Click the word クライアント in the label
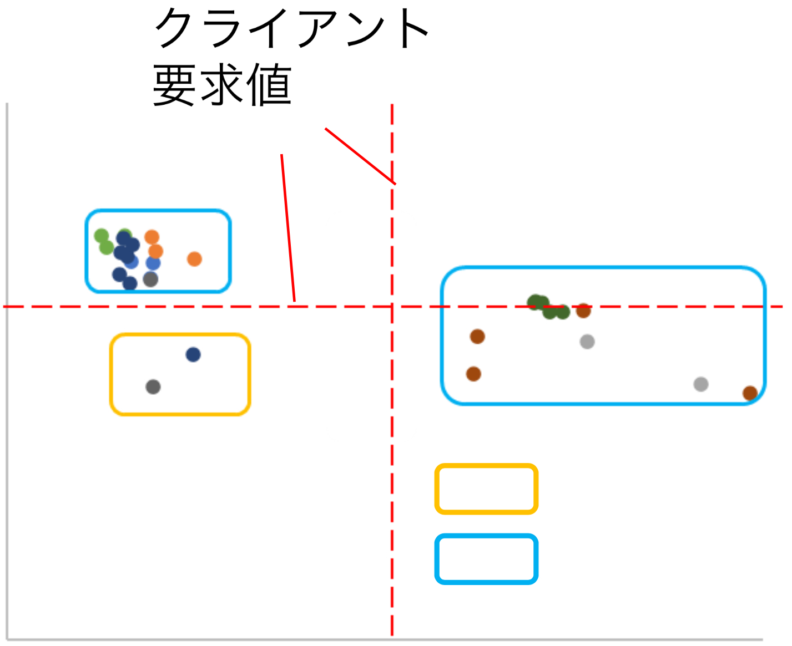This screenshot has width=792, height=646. (291, 29)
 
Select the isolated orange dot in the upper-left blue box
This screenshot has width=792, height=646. (194, 259)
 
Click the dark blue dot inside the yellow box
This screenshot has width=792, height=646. (193, 355)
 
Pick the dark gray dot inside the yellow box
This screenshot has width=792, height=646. (153, 387)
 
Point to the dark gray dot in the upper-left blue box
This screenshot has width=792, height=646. (150, 279)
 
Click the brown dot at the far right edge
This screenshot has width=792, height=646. (750, 393)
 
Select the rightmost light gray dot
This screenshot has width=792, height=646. (701, 384)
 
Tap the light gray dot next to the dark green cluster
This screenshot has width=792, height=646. (587, 342)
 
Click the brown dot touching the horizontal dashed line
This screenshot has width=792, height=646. (583, 311)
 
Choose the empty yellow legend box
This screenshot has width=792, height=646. (486, 489)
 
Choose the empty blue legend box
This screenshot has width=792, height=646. (486, 559)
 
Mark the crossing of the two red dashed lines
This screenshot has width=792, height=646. (392, 307)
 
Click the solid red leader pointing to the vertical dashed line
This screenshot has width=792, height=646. (360, 156)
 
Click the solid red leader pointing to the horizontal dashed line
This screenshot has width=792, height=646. (288, 227)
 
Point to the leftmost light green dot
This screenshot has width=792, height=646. (101, 236)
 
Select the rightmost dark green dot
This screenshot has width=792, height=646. (563, 312)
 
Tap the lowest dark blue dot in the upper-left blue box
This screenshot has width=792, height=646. (130, 284)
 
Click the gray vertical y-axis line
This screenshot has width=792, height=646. (7, 388)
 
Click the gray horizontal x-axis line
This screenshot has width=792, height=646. (389, 639)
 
